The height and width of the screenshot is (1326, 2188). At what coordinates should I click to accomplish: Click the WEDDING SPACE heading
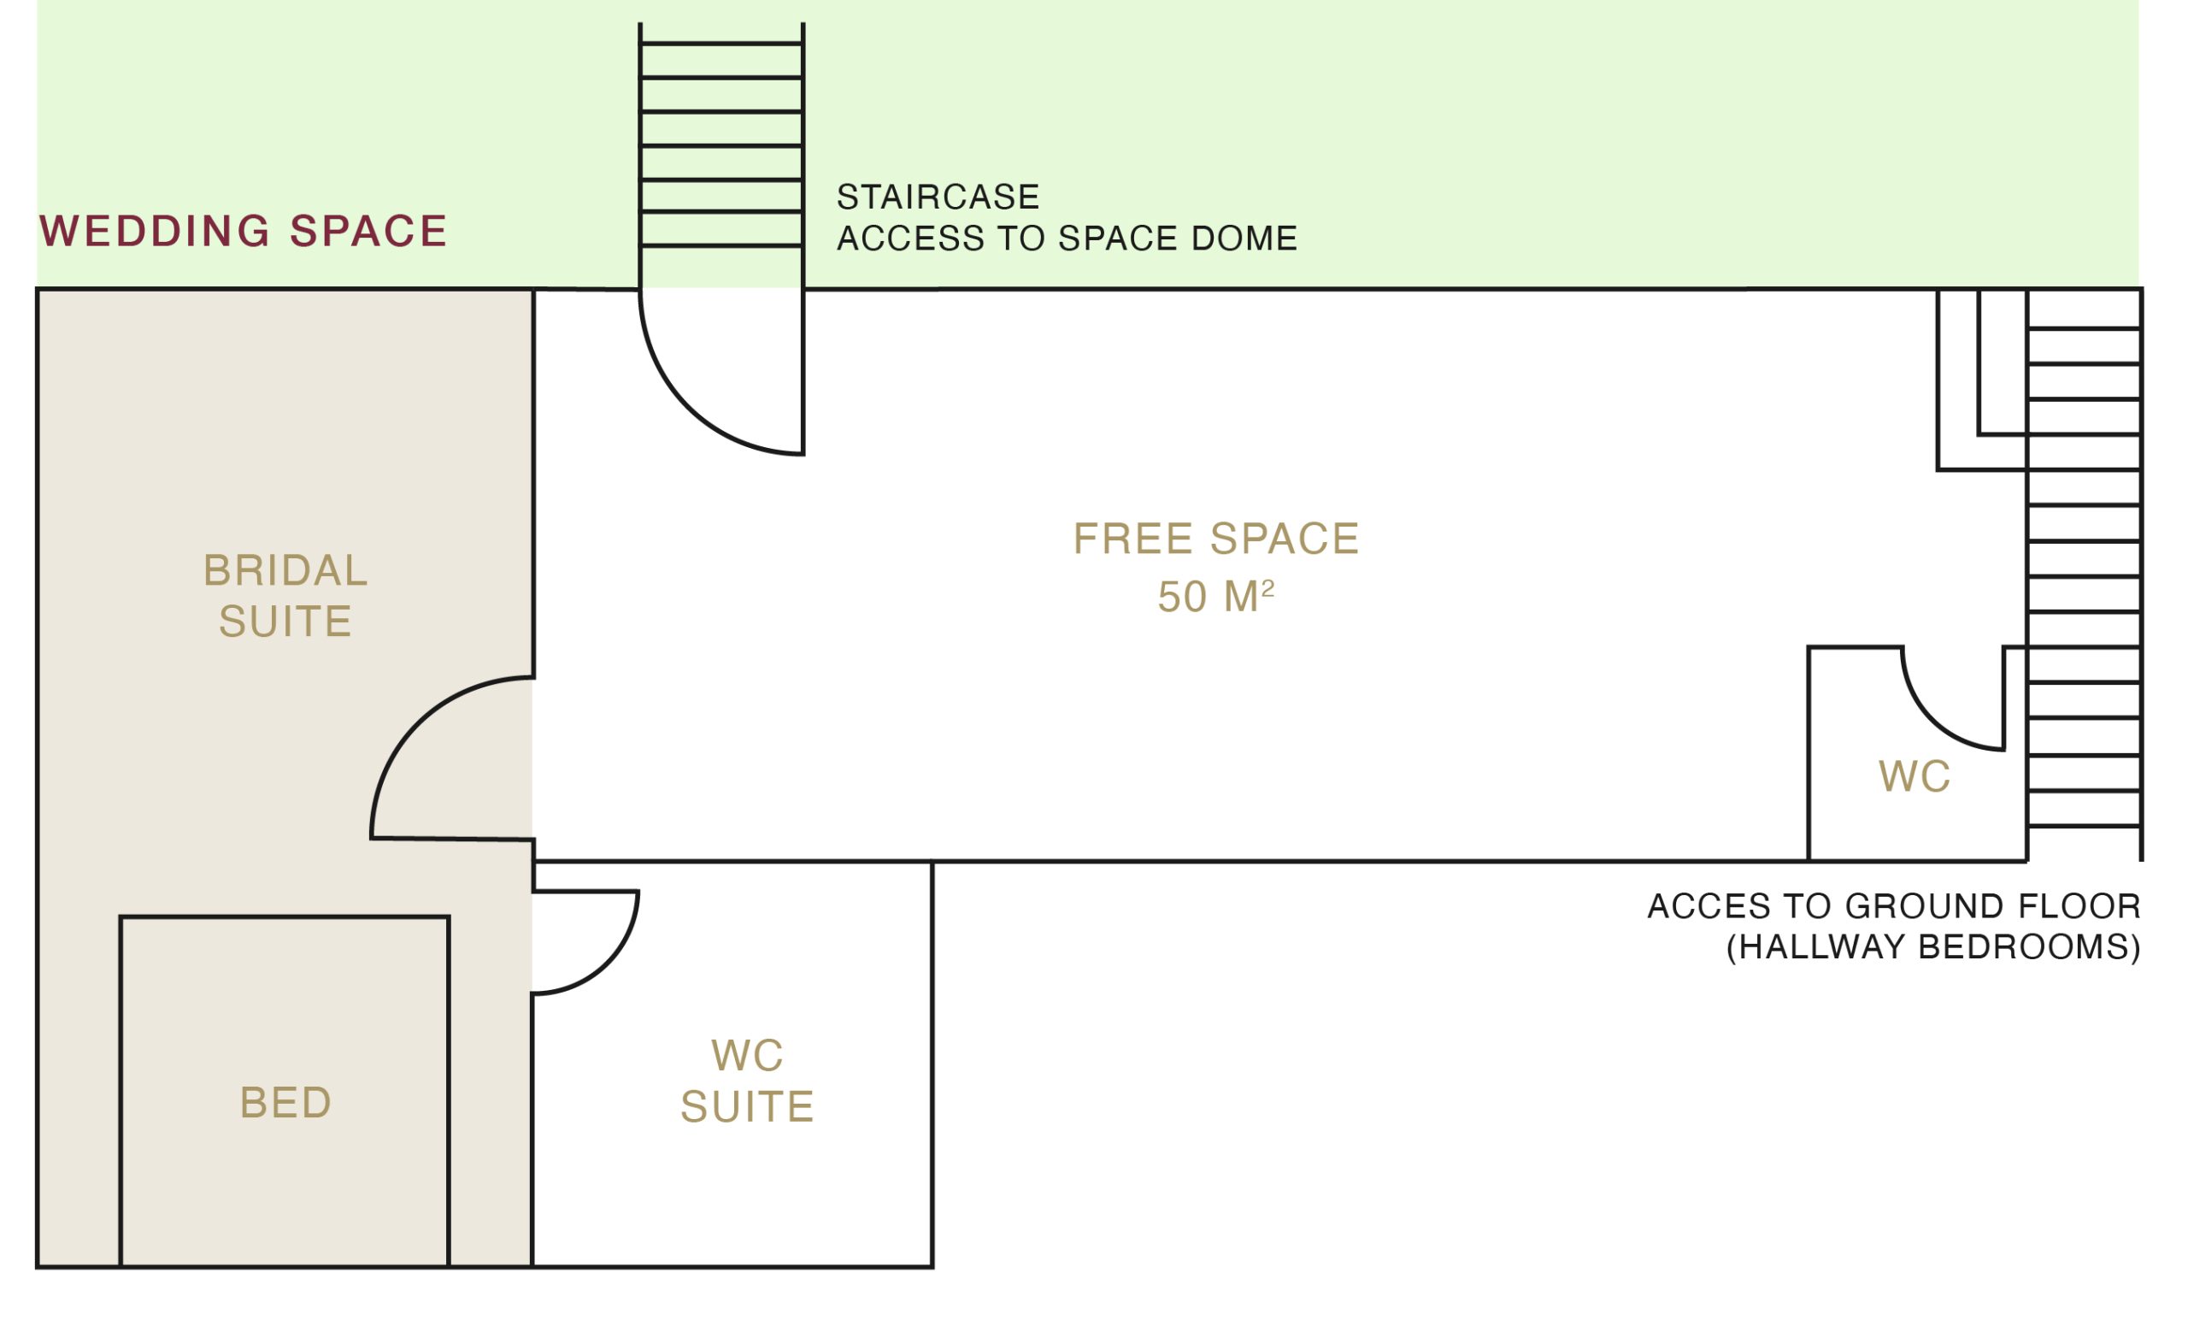click(243, 231)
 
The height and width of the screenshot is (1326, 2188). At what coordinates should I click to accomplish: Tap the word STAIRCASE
click(938, 197)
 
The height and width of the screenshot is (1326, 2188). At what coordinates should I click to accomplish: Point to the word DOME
click(1244, 238)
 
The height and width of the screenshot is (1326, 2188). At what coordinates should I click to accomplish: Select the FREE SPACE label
click(1215, 539)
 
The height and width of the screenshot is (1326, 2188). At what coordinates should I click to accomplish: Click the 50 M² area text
click(1215, 596)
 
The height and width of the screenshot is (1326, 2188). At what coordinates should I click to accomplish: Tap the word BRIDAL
click(285, 570)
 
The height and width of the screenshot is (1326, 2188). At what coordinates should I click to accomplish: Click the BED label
click(285, 1102)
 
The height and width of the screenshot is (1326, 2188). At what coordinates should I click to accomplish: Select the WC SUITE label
click(747, 1081)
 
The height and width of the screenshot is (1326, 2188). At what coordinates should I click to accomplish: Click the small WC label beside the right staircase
click(1914, 776)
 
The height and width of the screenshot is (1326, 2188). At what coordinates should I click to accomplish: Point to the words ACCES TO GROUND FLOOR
click(1894, 906)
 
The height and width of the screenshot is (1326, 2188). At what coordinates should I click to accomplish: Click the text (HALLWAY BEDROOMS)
click(1933, 946)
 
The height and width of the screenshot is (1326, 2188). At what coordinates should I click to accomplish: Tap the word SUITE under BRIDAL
click(285, 621)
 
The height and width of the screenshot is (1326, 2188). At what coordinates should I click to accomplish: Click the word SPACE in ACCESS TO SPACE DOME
click(1118, 238)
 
